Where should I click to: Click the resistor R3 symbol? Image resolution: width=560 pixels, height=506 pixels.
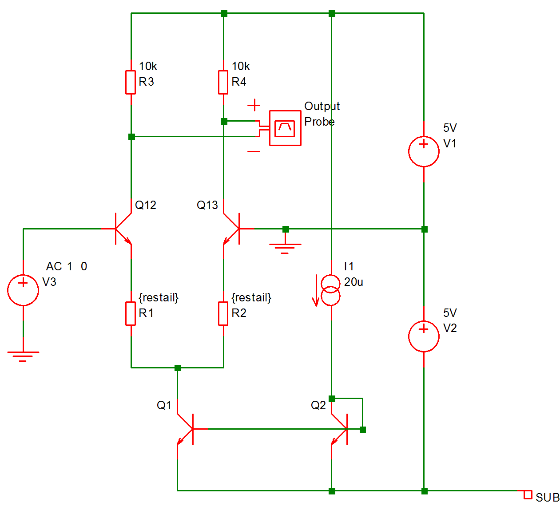pos(131,82)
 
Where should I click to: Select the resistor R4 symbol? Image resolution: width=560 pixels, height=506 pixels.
pos(223,82)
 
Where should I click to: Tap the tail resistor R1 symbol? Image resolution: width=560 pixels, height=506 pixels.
pos(131,313)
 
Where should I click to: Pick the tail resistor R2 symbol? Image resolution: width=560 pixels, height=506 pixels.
pos(223,313)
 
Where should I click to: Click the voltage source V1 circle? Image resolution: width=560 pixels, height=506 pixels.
pos(424,151)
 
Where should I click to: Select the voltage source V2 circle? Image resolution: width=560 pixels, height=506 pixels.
pos(424,336)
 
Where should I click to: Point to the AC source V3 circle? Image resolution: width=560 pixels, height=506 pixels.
pos(23,290)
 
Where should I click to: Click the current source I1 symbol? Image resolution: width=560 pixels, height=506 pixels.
pos(331,290)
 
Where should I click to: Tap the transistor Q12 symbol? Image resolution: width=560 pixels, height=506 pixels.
pos(122,229)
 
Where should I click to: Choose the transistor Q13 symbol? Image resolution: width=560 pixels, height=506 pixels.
pos(232,229)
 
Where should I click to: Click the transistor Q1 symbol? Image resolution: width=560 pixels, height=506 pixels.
pos(186,429)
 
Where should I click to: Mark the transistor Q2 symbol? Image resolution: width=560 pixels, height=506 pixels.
pos(340,429)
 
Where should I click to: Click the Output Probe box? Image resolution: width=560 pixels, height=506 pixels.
pos(285,128)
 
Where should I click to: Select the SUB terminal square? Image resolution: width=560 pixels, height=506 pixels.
pos(528,494)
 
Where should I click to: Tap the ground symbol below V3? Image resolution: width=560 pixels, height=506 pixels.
pos(23,356)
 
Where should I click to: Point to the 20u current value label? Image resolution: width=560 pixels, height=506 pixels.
pos(353,282)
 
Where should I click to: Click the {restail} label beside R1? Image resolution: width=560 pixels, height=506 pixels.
pos(159,297)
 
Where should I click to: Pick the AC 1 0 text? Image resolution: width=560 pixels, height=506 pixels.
pos(67,266)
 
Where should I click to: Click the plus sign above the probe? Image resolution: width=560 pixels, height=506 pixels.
pos(254,105)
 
